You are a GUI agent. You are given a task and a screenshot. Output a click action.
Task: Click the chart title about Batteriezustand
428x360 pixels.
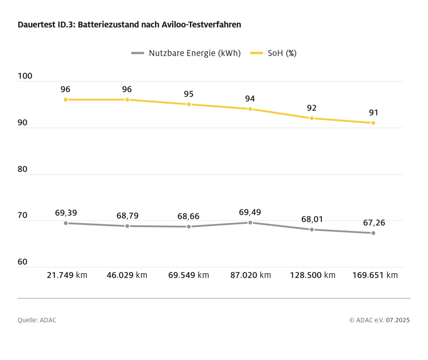point(129,25)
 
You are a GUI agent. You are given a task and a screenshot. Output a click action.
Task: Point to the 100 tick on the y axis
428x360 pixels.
point(25,77)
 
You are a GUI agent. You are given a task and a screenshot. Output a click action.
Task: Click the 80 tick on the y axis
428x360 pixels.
point(22,169)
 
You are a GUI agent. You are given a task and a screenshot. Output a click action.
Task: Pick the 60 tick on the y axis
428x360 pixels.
point(22,262)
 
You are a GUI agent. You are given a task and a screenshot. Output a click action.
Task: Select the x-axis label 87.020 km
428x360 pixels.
point(250,275)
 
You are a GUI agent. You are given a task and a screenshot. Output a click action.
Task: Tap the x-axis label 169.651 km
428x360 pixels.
point(375,275)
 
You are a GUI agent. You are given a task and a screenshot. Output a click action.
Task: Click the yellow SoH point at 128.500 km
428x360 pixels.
point(312,118)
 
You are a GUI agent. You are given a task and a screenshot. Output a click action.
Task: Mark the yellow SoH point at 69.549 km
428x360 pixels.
point(189,104)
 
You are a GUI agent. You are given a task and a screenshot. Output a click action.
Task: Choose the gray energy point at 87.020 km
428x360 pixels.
point(250,223)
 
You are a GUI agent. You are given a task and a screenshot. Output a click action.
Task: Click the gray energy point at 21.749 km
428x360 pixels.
point(66,223)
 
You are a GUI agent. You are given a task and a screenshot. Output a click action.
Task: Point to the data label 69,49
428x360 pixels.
point(250,212)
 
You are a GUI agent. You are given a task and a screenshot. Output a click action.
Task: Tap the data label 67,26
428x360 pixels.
point(374,223)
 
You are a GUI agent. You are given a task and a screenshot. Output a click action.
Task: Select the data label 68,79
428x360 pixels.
point(128,216)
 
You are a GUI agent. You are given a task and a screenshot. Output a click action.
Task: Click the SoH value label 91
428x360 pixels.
point(373,113)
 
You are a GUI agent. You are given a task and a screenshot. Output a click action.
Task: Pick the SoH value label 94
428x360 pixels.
point(250,99)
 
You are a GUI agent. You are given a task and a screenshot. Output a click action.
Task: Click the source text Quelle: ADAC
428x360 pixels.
point(37,320)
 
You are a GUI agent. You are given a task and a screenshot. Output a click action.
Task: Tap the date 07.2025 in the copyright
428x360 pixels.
point(398,320)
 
